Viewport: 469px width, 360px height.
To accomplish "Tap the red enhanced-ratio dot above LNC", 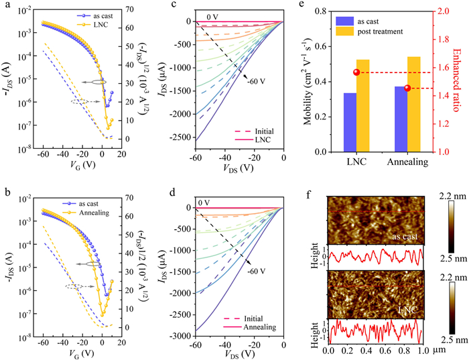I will pos(356,72).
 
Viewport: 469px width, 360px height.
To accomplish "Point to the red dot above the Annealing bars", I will pos(407,88).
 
